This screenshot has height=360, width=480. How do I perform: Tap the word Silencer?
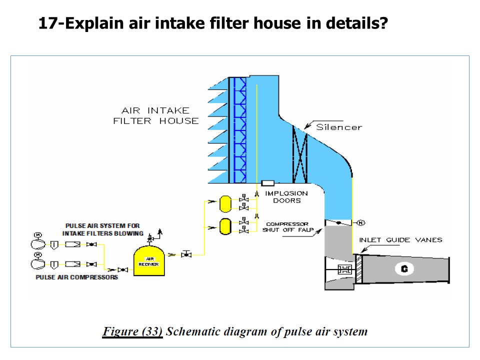[338, 127]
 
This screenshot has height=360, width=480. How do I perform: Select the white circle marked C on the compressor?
[403, 269]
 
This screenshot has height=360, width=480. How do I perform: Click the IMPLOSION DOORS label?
[286, 197]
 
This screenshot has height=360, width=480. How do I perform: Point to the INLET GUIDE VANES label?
[400, 240]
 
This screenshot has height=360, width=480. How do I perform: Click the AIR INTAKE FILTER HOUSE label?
[155, 115]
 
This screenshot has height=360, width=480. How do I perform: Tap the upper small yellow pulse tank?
[225, 202]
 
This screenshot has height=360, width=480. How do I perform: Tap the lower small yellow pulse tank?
[225, 226]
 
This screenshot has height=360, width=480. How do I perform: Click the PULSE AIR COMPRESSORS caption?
[77, 277]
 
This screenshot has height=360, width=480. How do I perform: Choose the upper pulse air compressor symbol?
[37, 244]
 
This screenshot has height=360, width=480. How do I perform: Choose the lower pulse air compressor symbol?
[37, 263]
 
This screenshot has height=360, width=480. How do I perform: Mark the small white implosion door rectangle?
[267, 183]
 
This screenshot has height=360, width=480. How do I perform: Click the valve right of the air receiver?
[186, 254]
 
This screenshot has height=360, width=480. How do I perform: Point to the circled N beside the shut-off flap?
[360, 222]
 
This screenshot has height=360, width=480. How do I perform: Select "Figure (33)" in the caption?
[132, 331]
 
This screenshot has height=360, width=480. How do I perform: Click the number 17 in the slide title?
[48, 23]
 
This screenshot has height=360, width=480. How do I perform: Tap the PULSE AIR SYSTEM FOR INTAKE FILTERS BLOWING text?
[103, 229]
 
